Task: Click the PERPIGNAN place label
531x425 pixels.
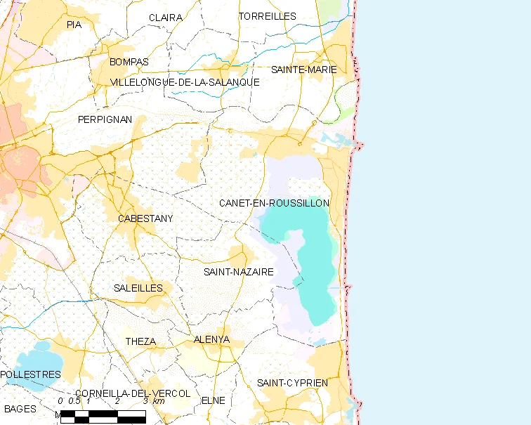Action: [105, 119]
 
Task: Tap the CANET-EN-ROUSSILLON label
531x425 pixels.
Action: [274, 203]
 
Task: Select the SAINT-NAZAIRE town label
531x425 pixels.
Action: [238, 272]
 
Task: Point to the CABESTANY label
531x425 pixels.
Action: [145, 218]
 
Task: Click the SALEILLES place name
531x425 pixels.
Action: [138, 288]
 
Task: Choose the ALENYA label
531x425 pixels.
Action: [211, 339]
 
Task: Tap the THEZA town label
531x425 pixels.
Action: [140, 341]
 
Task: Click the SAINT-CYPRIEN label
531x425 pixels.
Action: [292, 383]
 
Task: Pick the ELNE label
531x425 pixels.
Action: [214, 400]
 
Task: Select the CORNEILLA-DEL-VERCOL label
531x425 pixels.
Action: [133, 393]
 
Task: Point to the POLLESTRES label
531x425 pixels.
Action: [30, 374]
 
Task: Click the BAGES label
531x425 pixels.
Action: [20, 408]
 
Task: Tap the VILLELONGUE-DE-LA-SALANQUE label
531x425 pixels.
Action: [185, 82]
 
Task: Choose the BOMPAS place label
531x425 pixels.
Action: [129, 62]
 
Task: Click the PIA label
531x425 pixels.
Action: [74, 25]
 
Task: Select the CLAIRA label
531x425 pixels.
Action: [166, 18]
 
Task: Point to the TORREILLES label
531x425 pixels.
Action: [268, 16]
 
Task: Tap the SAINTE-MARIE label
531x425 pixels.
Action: [304, 70]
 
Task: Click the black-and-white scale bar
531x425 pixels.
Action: [103, 416]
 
